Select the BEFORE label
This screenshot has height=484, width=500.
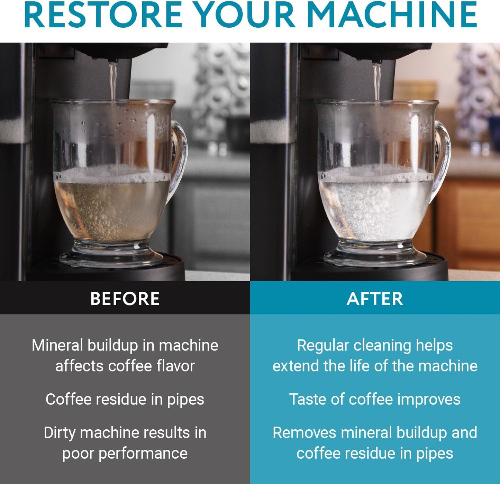pos(125,299)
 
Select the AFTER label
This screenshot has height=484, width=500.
pos(375,299)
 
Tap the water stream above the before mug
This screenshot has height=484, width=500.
pos(113,81)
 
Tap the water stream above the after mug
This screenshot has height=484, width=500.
pos(377,81)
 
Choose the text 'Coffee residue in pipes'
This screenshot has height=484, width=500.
pos(125,399)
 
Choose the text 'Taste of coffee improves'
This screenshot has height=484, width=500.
pos(375,399)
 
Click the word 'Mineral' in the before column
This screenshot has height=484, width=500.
pos(57,345)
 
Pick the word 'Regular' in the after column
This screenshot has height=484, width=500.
pos(323,345)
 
